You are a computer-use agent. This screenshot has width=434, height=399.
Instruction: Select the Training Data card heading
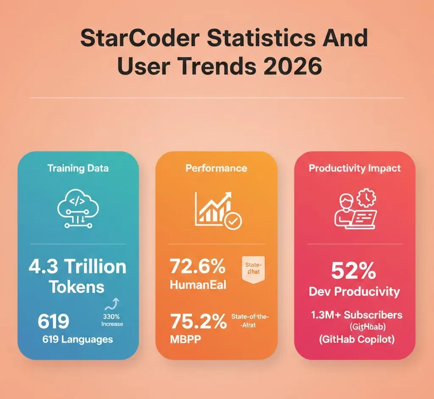tap(78, 168)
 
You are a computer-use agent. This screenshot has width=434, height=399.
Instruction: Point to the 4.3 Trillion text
tap(78, 267)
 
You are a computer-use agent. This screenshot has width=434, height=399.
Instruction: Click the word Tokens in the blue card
tap(77, 287)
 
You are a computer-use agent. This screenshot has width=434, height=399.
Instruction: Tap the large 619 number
tap(53, 321)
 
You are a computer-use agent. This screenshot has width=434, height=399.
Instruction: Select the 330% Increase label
tap(112, 320)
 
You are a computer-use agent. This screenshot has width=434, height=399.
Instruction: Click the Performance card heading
tap(216, 168)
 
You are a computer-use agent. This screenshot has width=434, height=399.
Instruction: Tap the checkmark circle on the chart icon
tap(233, 221)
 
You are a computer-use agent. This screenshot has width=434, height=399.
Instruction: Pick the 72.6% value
tap(198, 267)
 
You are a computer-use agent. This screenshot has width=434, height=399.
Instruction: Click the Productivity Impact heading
tap(354, 168)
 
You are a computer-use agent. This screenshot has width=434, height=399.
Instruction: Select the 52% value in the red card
tap(353, 271)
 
